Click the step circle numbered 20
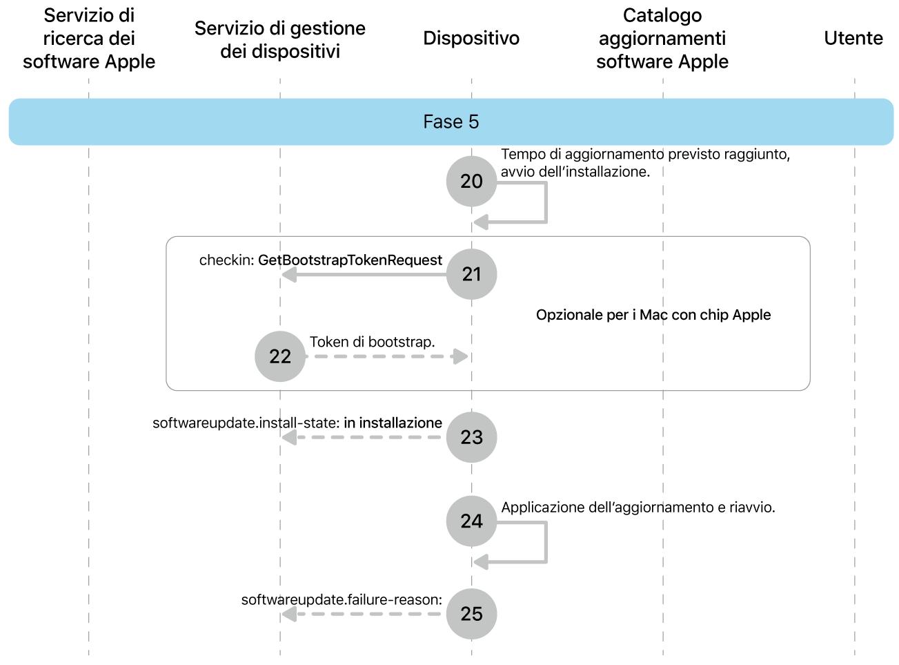click(471, 181)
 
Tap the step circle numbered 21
click(471, 274)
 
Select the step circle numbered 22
click(280, 356)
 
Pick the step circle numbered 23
click(471, 437)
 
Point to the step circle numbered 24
click(471, 521)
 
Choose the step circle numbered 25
click(471, 613)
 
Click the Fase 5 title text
click(451, 122)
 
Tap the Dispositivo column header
click(471, 38)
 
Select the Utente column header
click(853, 38)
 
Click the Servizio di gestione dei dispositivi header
click(280, 39)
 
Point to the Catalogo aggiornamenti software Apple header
click(662, 39)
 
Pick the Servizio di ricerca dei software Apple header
click(89, 39)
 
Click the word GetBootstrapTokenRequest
click(350, 260)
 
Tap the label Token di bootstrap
click(372, 342)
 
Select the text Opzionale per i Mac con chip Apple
click(653, 315)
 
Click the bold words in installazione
click(393, 423)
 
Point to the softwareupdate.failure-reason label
click(342, 599)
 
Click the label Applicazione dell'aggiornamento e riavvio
click(638, 508)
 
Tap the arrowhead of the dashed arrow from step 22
click(460, 356)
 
